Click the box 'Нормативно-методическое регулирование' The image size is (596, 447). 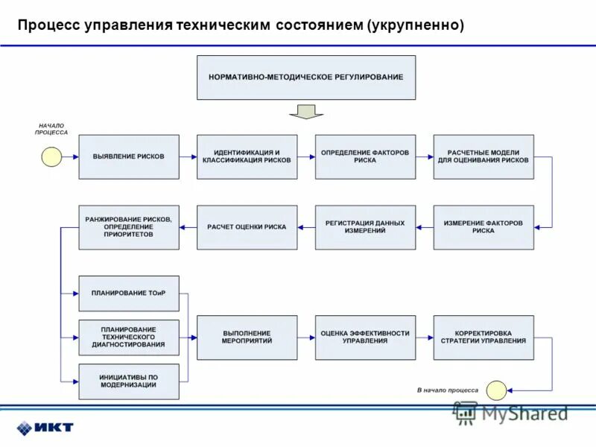click(x=306, y=77)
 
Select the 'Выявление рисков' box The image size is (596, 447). click(x=129, y=156)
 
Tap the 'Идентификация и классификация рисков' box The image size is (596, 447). click(x=247, y=156)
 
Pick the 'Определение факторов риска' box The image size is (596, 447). click(x=365, y=156)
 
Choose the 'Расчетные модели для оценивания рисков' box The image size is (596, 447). click(x=484, y=156)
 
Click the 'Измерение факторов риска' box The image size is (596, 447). click(x=484, y=227)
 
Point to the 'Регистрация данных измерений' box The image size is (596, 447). click(x=365, y=227)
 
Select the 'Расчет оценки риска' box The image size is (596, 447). click(x=247, y=227)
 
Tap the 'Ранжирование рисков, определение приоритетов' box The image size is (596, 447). click(x=129, y=227)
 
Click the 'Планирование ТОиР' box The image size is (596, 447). click(x=129, y=294)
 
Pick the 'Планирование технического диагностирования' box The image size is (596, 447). click(x=129, y=337)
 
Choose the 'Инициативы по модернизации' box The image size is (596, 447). click(x=129, y=381)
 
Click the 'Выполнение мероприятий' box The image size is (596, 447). click(x=247, y=337)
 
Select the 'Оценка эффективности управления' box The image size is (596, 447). click(x=365, y=337)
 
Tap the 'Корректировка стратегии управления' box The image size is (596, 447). click(x=484, y=337)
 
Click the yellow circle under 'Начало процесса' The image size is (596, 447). click(x=51, y=156)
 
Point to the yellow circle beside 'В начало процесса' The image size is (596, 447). click(x=496, y=390)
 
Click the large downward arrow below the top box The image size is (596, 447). click(x=306, y=112)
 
